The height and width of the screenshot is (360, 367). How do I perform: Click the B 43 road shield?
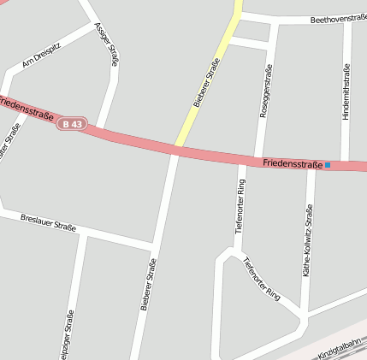[72, 125]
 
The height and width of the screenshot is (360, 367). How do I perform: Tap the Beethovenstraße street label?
[339, 18]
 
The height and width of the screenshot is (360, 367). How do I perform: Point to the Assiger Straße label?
[109, 44]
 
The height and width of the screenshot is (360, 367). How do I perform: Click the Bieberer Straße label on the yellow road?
[207, 82]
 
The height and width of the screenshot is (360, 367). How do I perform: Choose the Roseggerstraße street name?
[267, 88]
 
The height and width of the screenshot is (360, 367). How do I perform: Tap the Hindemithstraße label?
[346, 91]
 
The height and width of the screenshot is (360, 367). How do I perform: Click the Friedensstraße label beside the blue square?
[293, 162]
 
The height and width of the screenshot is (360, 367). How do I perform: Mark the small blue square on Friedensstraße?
[328, 164]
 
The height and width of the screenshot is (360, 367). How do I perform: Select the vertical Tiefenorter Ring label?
[240, 206]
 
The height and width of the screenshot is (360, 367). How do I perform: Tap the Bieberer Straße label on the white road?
[147, 284]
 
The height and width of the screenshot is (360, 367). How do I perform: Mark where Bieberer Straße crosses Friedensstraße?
[176, 149]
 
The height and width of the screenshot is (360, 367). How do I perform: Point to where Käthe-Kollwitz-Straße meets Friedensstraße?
[312, 166]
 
